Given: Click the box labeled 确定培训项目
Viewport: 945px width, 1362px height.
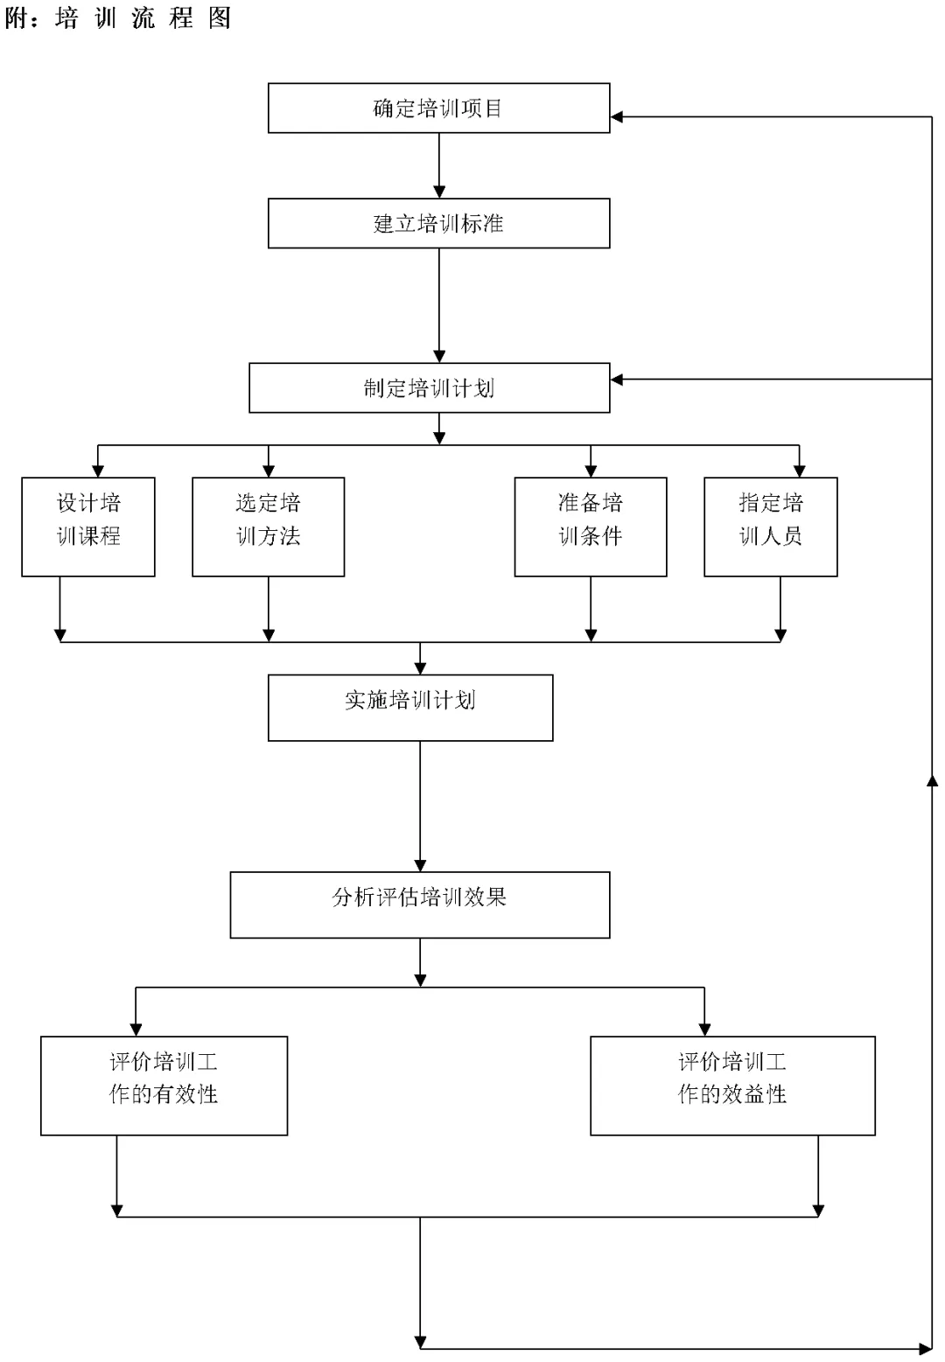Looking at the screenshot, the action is pyautogui.click(x=439, y=108).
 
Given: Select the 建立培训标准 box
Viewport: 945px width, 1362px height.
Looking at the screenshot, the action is pyautogui.click(x=439, y=223).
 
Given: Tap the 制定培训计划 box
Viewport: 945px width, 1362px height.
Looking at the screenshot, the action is pyautogui.click(x=430, y=388).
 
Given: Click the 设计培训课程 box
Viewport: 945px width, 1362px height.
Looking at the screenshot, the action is pyautogui.click(x=88, y=527).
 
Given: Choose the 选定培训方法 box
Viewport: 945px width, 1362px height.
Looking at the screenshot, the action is pyautogui.click(x=268, y=527).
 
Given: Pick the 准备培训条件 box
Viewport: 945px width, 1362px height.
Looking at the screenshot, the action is pyautogui.click(x=591, y=527).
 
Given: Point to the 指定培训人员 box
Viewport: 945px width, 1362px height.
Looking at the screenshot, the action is pyautogui.click(x=771, y=527).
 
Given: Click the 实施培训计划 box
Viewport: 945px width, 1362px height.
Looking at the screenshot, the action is pyautogui.click(x=410, y=708).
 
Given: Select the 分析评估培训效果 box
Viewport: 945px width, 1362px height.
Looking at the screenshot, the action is pyautogui.click(x=420, y=905).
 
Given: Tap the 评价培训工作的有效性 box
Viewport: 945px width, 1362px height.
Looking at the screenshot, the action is pyautogui.click(x=164, y=1086).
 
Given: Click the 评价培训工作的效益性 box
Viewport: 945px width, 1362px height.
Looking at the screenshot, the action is pyautogui.click(x=732, y=1086).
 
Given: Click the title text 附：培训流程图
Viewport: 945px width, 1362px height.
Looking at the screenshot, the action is pyautogui.click(x=117, y=17).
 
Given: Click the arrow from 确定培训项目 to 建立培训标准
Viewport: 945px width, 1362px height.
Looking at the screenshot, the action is pyautogui.click(x=439, y=165).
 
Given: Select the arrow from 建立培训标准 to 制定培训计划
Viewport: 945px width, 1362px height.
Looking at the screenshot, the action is pyautogui.click(x=439, y=305).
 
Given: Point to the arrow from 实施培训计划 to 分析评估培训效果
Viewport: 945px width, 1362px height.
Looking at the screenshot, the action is pyautogui.click(x=420, y=807).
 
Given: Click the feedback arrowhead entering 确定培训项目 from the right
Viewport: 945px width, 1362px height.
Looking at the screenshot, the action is pyautogui.click(x=617, y=116).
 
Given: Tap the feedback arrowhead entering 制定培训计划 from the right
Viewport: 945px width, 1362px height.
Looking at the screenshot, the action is pyautogui.click(x=617, y=380).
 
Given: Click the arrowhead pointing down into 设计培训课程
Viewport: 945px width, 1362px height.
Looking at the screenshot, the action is pyautogui.click(x=98, y=471).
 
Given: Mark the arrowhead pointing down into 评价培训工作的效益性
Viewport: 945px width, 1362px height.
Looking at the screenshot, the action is pyautogui.click(x=704, y=1030).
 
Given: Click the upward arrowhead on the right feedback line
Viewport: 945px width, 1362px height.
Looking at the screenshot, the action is pyautogui.click(x=932, y=780).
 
